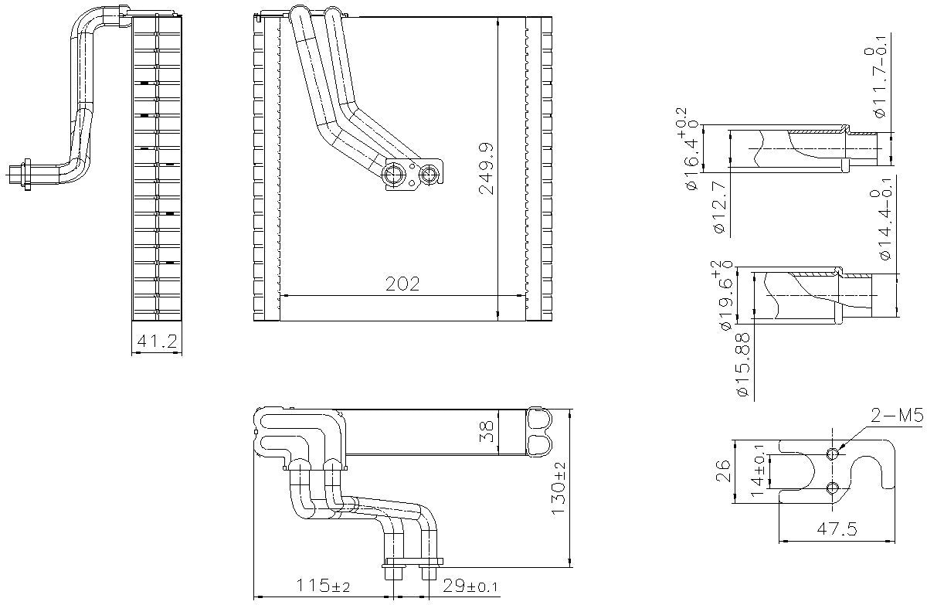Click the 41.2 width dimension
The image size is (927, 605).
click(157, 342)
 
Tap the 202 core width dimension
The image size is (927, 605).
click(402, 284)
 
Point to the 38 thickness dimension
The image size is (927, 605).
click(485, 431)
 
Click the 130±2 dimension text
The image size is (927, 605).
click(559, 488)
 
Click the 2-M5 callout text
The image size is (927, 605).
click(897, 417)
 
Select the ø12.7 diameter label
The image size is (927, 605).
click(718, 206)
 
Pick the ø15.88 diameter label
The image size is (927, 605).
click(743, 366)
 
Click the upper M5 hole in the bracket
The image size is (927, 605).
click(833, 454)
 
